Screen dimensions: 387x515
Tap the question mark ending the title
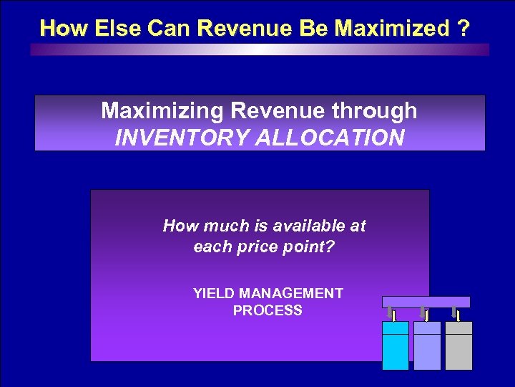click(465, 28)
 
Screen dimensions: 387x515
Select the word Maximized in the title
click(392, 28)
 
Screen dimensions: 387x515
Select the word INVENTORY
click(180, 137)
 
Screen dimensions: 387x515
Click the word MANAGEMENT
click(291, 293)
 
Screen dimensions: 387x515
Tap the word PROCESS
click(268, 310)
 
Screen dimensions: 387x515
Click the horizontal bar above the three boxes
click(426, 302)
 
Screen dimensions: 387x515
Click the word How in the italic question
click(180, 226)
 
